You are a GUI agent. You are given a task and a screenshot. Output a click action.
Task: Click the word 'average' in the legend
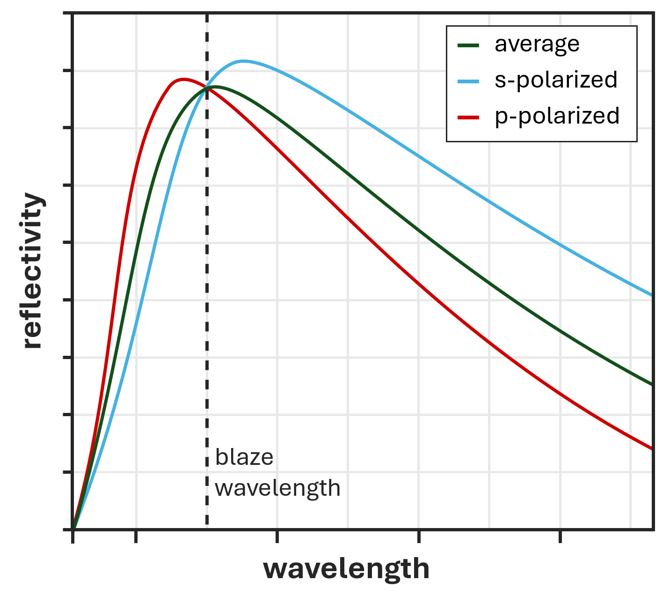pos(537,44)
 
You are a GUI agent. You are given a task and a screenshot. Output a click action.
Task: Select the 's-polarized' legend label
pos(556,80)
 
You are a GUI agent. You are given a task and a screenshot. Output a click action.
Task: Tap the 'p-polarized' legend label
pos(557,116)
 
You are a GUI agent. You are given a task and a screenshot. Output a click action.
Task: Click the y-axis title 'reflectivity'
pos(33,271)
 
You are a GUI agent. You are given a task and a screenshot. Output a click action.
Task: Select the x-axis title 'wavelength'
pos(346,569)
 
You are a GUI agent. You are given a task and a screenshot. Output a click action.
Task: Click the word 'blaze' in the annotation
pos(244,457)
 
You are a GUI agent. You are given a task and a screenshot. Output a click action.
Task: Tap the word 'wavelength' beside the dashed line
pos(277,488)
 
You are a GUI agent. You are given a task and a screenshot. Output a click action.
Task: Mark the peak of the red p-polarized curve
pos(183,79)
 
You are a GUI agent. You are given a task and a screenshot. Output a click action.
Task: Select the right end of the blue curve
pos(652,295)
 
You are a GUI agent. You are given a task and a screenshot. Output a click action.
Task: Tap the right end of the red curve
pos(652,449)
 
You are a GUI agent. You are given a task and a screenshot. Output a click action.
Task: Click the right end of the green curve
pos(652,385)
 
